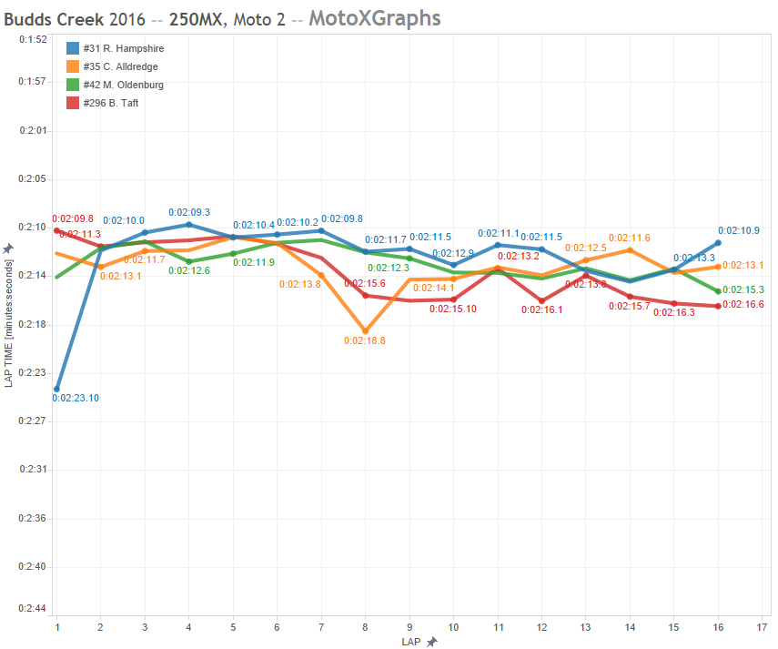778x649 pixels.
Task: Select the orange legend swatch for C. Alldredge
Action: [x=73, y=66]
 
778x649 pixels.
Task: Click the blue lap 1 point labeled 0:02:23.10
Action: [x=56, y=389]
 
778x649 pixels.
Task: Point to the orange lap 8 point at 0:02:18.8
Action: [x=365, y=331]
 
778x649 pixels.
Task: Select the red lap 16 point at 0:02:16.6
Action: [x=718, y=306]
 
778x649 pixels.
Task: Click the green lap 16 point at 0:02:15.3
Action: [x=718, y=291]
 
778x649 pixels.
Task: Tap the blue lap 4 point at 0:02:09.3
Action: [x=188, y=224]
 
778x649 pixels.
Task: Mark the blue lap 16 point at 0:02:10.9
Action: [x=718, y=243]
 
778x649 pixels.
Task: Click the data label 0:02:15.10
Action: [x=452, y=309]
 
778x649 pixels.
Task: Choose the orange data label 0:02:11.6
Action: [x=629, y=238]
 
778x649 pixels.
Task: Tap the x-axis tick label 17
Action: [x=762, y=627]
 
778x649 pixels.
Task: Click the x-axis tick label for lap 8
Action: [x=365, y=627]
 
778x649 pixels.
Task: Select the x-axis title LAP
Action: [x=411, y=642]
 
